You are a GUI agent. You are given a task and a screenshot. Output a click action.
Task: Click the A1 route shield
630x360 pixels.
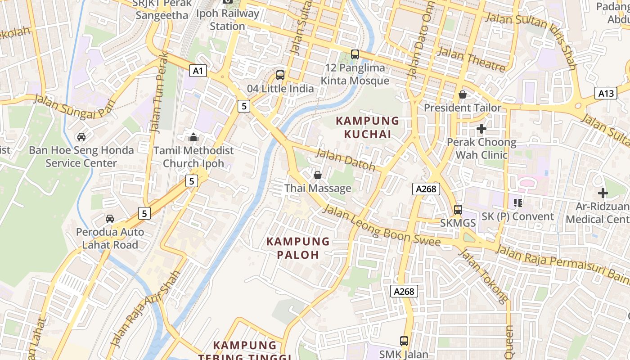198,71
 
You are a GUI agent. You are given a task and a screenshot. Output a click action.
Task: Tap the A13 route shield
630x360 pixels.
606,93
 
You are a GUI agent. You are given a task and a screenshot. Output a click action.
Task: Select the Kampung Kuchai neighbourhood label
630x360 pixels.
368,127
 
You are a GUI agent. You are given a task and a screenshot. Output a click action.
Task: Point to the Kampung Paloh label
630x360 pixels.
298,248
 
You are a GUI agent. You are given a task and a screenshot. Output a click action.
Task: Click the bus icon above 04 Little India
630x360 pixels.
280,75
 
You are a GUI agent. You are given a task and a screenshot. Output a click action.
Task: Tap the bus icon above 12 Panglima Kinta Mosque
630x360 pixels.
355,54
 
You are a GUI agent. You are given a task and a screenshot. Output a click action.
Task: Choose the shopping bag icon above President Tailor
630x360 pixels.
462,94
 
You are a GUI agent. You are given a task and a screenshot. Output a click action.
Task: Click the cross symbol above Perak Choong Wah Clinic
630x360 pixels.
481,129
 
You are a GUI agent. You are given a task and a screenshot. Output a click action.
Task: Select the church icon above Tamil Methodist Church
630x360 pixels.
193,137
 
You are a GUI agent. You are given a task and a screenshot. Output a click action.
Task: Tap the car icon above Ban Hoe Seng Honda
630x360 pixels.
81,136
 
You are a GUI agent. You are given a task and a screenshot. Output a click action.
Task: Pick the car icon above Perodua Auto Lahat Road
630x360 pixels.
110,219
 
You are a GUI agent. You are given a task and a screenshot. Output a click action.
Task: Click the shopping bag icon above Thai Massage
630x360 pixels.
318,175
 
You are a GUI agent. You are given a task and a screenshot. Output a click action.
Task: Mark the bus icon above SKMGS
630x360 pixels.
458,209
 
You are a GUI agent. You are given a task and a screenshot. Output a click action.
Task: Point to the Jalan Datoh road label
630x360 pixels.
345,159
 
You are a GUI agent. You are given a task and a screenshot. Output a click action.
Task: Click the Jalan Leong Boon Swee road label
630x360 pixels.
382,226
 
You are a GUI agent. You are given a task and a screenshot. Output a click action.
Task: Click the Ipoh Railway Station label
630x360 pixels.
228,20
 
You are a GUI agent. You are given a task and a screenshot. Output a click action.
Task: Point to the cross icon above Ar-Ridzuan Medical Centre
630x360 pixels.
603,193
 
